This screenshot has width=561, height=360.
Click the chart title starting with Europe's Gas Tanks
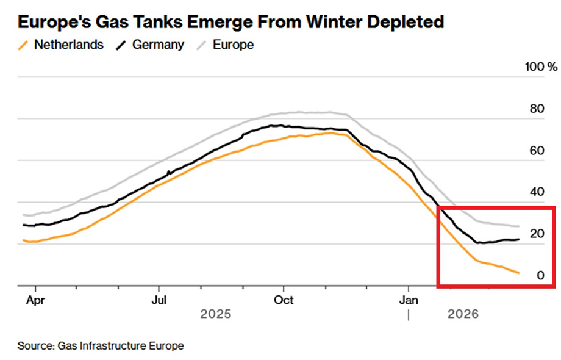(230, 23)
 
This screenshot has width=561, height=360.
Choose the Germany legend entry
(156, 45)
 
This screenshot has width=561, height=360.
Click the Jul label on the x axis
(159, 300)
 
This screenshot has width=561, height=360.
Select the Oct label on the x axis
(284, 300)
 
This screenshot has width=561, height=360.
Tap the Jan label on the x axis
(408, 300)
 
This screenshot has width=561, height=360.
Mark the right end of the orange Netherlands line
(518, 273)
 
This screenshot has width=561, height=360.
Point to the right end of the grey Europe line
(518, 226)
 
